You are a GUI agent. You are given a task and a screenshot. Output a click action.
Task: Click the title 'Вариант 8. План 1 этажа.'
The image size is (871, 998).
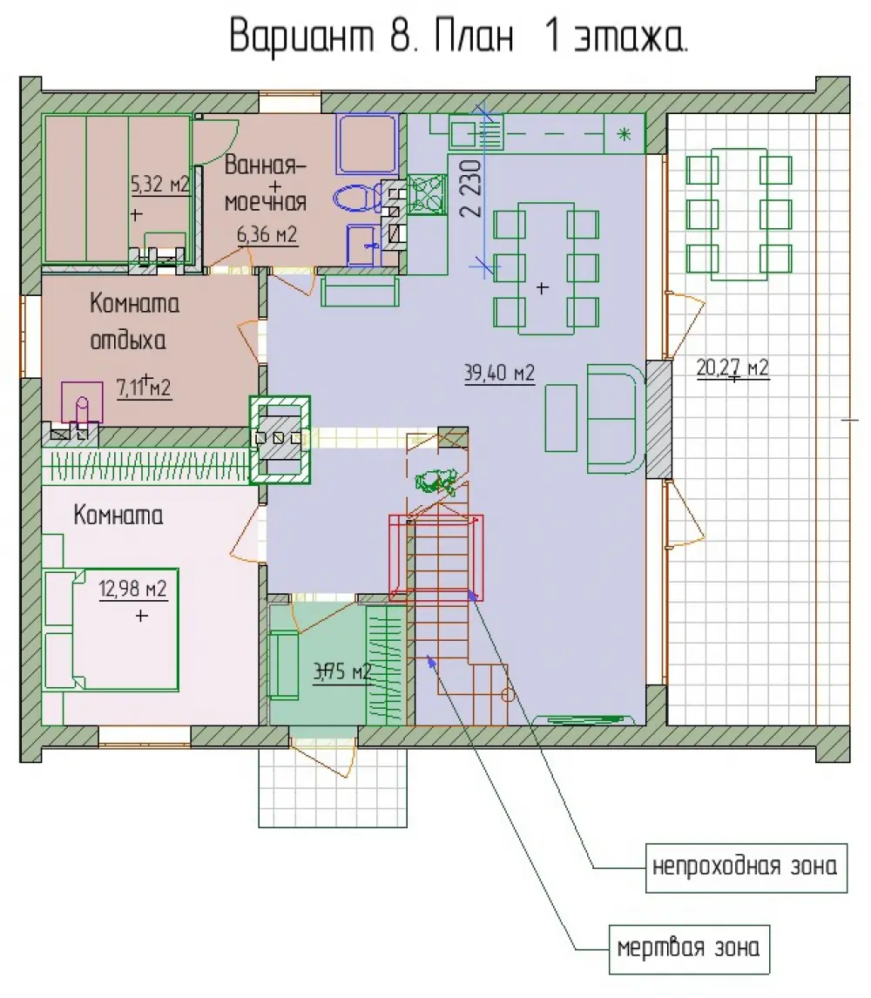click(x=458, y=37)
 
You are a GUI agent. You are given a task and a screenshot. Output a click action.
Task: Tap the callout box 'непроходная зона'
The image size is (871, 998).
click(x=746, y=868)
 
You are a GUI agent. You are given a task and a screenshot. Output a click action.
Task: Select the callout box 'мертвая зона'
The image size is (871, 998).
click(x=689, y=949)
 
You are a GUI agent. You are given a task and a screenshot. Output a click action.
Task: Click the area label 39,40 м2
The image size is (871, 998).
click(x=499, y=373)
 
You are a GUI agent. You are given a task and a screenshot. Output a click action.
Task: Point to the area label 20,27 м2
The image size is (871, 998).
click(x=733, y=368)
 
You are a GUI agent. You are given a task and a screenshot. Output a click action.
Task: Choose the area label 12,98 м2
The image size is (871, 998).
click(x=132, y=589)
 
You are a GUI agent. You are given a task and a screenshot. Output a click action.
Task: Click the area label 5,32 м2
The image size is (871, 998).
click(x=159, y=185)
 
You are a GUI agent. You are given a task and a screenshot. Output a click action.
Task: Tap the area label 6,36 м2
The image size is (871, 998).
click(x=267, y=235)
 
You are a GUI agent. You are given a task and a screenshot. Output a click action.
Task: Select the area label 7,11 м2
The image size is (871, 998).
click(x=143, y=387)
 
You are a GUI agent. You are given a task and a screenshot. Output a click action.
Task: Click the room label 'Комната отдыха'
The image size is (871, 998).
click(x=134, y=321)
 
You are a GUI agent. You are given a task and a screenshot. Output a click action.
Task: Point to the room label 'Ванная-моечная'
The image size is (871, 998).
click(x=266, y=183)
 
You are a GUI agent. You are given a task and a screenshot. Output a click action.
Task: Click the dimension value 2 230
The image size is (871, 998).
click(x=472, y=189)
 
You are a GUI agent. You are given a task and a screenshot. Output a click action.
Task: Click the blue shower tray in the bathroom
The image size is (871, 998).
click(x=368, y=144)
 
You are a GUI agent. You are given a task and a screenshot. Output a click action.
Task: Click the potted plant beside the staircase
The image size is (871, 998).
click(x=435, y=482)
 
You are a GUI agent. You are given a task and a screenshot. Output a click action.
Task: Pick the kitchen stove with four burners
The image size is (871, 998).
click(x=427, y=194)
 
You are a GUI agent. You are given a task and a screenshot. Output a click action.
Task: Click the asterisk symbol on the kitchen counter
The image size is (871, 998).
click(x=625, y=133)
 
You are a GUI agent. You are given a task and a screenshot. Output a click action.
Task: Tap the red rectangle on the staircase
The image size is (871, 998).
click(x=436, y=558)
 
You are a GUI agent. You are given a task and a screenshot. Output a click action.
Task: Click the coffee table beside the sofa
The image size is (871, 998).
click(x=561, y=417)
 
